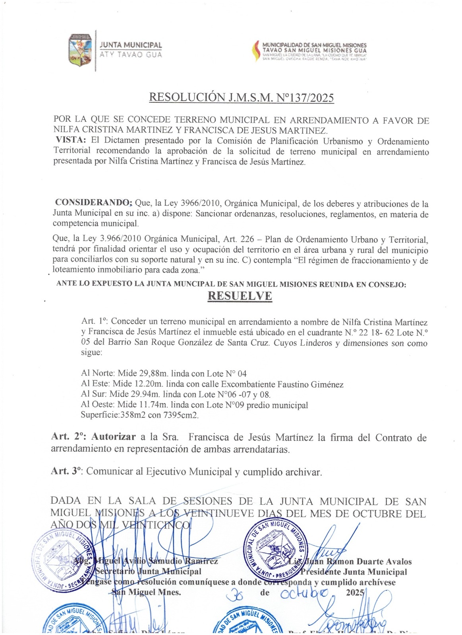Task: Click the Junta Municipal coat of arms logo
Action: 80,50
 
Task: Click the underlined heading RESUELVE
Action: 240,296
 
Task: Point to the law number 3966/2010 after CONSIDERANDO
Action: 200,204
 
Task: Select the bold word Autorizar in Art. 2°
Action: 114,437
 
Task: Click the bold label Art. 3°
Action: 66,471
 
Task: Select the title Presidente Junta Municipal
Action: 354,572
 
